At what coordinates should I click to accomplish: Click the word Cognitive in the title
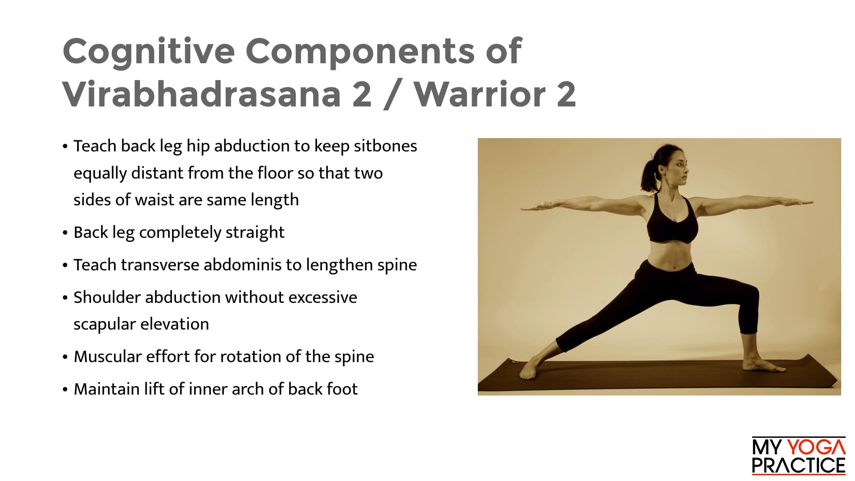click(148, 52)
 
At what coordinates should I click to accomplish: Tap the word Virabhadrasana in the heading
click(201, 94)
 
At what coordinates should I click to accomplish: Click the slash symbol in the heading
click(391, 94)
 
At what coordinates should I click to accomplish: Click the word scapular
click(105, 325)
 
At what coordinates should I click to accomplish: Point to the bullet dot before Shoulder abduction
click(65, 298)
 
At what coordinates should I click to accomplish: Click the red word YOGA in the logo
click(816, 447)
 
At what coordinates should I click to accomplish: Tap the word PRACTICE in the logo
click(798, 466)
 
